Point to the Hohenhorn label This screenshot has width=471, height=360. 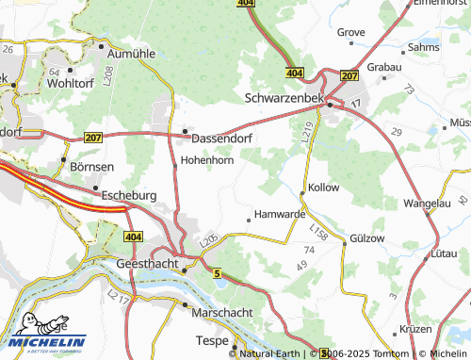[207, 160]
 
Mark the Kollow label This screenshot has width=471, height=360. [323, 188]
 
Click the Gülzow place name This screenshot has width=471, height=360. [367, 238]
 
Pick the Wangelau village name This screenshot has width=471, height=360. [429, 203]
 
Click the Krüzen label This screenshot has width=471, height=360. [414, 329]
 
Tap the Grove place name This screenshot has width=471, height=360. [351, 32]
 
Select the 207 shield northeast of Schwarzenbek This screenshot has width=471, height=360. [349, 74]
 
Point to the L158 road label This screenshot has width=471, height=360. [318, 230]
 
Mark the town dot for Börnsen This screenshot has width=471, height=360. [64, 159]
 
